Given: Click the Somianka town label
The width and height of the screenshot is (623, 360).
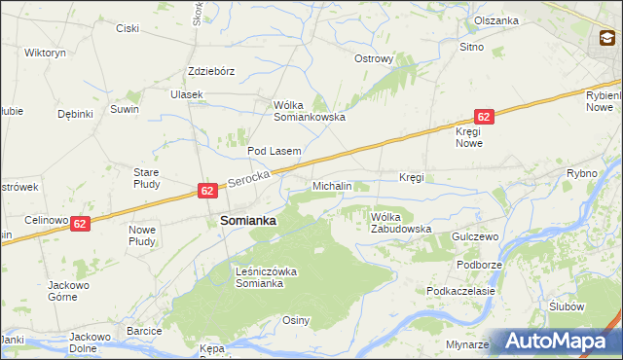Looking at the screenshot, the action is click(x=248, y=221).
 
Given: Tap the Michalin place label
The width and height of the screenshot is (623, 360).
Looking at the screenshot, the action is click(x=332, y=185).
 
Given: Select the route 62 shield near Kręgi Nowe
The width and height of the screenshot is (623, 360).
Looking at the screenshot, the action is click(x=485, y=116).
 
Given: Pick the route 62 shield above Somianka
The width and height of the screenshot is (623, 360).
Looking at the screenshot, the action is click(x=207, y=191).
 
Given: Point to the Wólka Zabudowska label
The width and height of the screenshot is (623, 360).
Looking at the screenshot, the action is click(x=400, y=223).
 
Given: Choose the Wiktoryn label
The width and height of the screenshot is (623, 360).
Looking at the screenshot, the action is click(x=45, y=53).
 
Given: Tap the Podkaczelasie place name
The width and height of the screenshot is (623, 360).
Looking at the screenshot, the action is click(x=461, y=291).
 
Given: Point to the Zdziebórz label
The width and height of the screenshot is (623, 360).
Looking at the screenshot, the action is click(x=212, y=71).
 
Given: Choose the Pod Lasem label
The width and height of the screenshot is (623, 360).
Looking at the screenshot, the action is click(x=274, y=152).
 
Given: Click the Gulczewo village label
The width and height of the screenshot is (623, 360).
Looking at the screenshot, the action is click(x=475, y=237).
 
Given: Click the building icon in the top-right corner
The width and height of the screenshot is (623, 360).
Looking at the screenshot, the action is click(x=605, y=39).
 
